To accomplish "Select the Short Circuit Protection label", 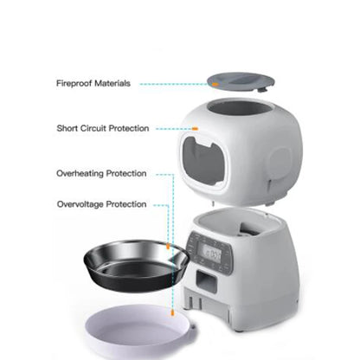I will tap(103, 128).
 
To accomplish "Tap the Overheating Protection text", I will tap(101, 173).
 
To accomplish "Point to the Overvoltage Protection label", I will tap(101, 204).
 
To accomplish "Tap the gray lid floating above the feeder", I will tap(240, 82).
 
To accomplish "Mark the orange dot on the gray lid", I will tap(211, 85).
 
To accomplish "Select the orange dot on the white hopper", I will tap(196, 129).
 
